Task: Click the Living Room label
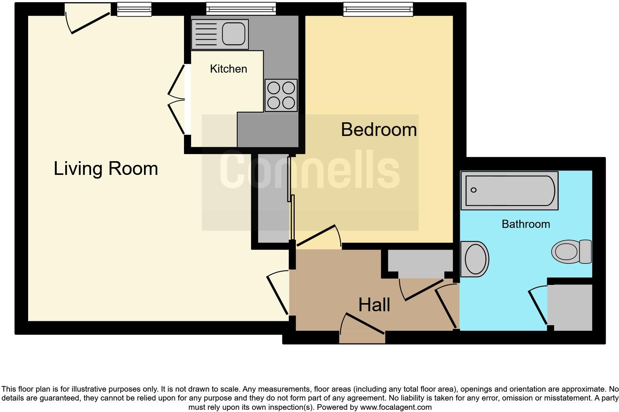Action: [x=106, y=169]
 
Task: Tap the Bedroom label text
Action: [x=378, y=130]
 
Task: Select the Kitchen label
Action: [x=228, y=69]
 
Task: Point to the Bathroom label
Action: [x=525, y=224]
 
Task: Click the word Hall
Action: [x=374, y=305]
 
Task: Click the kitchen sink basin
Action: [x=234, y=34]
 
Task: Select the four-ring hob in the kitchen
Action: [x=281, y=95]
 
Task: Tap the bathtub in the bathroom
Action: [x=509, y=190]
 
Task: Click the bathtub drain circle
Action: [x=474, y=190]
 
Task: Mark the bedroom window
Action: [x=378, y=9]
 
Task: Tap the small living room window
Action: [x=134, y=9]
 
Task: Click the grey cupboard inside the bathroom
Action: [x=571, y=307]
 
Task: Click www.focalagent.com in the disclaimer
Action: [x=395, y=407]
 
